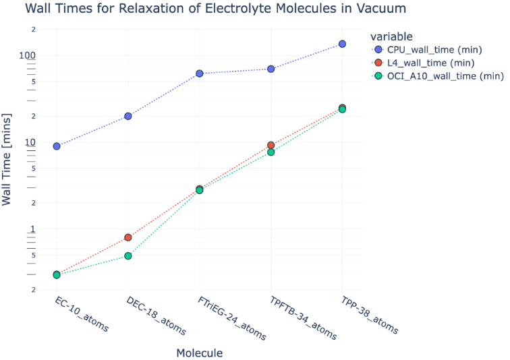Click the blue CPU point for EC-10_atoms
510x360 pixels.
57,146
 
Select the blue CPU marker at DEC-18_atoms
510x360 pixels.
128,116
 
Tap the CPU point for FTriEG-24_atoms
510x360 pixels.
200,73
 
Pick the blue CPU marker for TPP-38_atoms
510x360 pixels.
342,44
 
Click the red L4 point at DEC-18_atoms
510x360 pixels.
128,237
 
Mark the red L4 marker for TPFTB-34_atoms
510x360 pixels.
271,145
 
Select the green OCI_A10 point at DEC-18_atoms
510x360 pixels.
128,256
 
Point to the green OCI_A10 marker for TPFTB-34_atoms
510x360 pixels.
271,152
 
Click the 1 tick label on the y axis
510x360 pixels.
31,229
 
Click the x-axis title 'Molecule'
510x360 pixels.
199,353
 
